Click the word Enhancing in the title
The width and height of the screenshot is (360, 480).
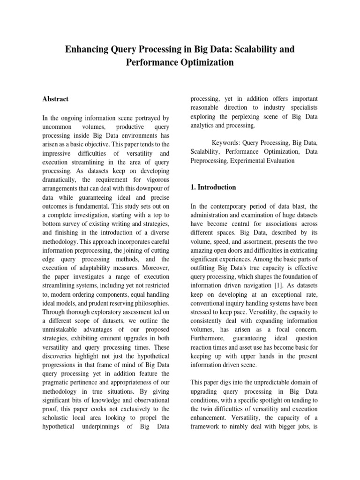coord(87,49)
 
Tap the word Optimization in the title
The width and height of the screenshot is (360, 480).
coord(206,62)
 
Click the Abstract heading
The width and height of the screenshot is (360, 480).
coord(55,99)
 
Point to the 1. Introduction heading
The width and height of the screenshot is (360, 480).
coord(213,187)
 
